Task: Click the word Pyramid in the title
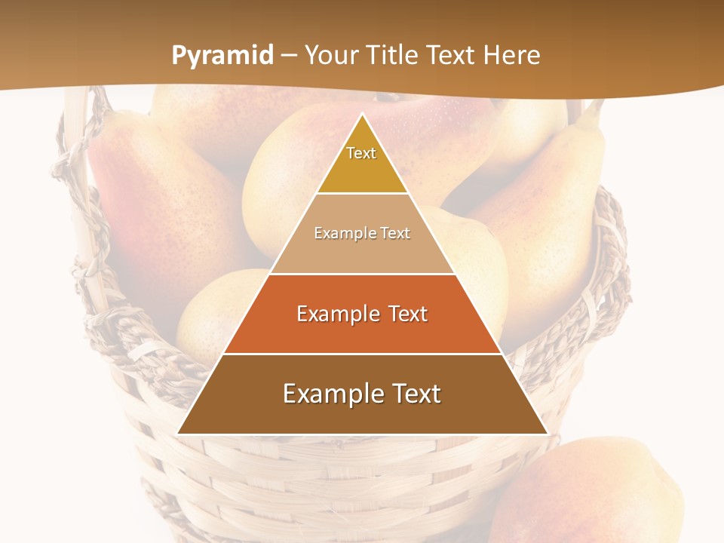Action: pyautogui.click(x=222, y=56)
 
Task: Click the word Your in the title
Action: pyautogui.click(x=330, y=55)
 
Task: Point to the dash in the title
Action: pyautogui.click(x=289, y=56)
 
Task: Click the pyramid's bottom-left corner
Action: pyautogui.click(x=178, y=433)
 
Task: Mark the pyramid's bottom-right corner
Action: pyautogui.click(x=547, y=433)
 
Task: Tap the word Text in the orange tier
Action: pyautogui.click(x=403, y=314)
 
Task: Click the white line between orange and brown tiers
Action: pyautogui.click(x=362, y=354)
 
